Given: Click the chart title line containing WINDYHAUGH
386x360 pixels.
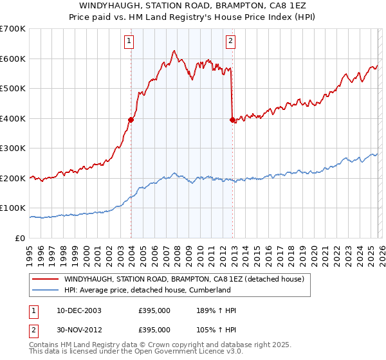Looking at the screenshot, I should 193,6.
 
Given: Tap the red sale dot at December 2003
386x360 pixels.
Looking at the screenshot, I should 131,119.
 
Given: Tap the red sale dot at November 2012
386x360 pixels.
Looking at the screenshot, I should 232,119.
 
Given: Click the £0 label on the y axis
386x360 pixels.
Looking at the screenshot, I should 19,238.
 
